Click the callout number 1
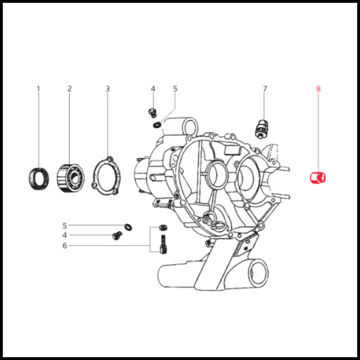point(39,89)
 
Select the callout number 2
point(70,89)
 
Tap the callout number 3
point(108,89)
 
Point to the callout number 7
point(265,89)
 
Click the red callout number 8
point(319,89)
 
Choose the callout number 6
point(65,245)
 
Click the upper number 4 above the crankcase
point(153,89)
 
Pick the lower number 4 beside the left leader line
point(65,235)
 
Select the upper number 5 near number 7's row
point(175,89)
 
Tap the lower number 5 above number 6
point(65,226)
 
